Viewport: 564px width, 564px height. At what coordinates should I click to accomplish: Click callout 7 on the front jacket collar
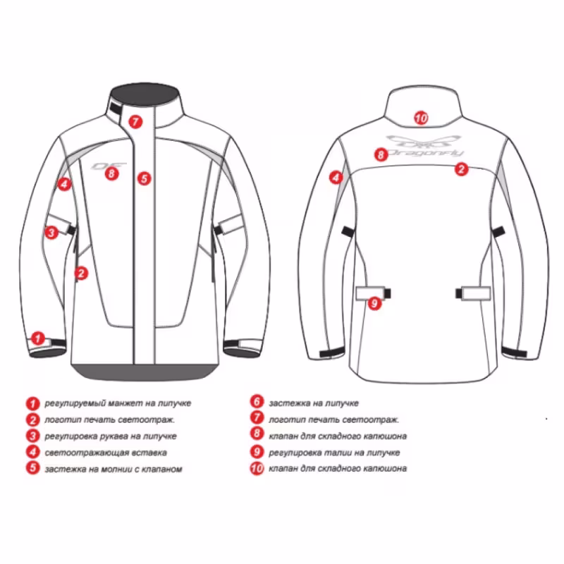point(135,121)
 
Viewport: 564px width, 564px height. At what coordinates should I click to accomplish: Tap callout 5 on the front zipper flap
point(145,178)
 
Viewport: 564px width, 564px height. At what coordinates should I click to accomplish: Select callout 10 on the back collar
point(421,118)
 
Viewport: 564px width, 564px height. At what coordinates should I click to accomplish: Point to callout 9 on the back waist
point(374,303)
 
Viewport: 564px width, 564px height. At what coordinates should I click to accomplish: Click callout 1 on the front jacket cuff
point(38,338)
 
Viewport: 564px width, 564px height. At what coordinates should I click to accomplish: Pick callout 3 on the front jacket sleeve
point(51,233)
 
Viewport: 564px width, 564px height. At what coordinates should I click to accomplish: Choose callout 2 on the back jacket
point(462,168)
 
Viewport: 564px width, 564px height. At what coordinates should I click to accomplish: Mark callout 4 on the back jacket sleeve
point(336,178)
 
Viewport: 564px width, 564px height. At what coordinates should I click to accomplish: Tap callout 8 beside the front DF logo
point(112,173)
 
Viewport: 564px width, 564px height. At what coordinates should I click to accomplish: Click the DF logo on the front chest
point(109,166)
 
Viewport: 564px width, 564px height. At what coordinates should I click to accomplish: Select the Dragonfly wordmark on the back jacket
point(424,153)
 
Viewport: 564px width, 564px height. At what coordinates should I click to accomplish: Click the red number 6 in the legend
point(257,401)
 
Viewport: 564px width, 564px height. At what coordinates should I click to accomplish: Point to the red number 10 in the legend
point(257,468)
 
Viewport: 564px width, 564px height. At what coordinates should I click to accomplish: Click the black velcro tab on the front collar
point(116,109)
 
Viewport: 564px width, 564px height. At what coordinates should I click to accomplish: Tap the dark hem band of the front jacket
point(145,372)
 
